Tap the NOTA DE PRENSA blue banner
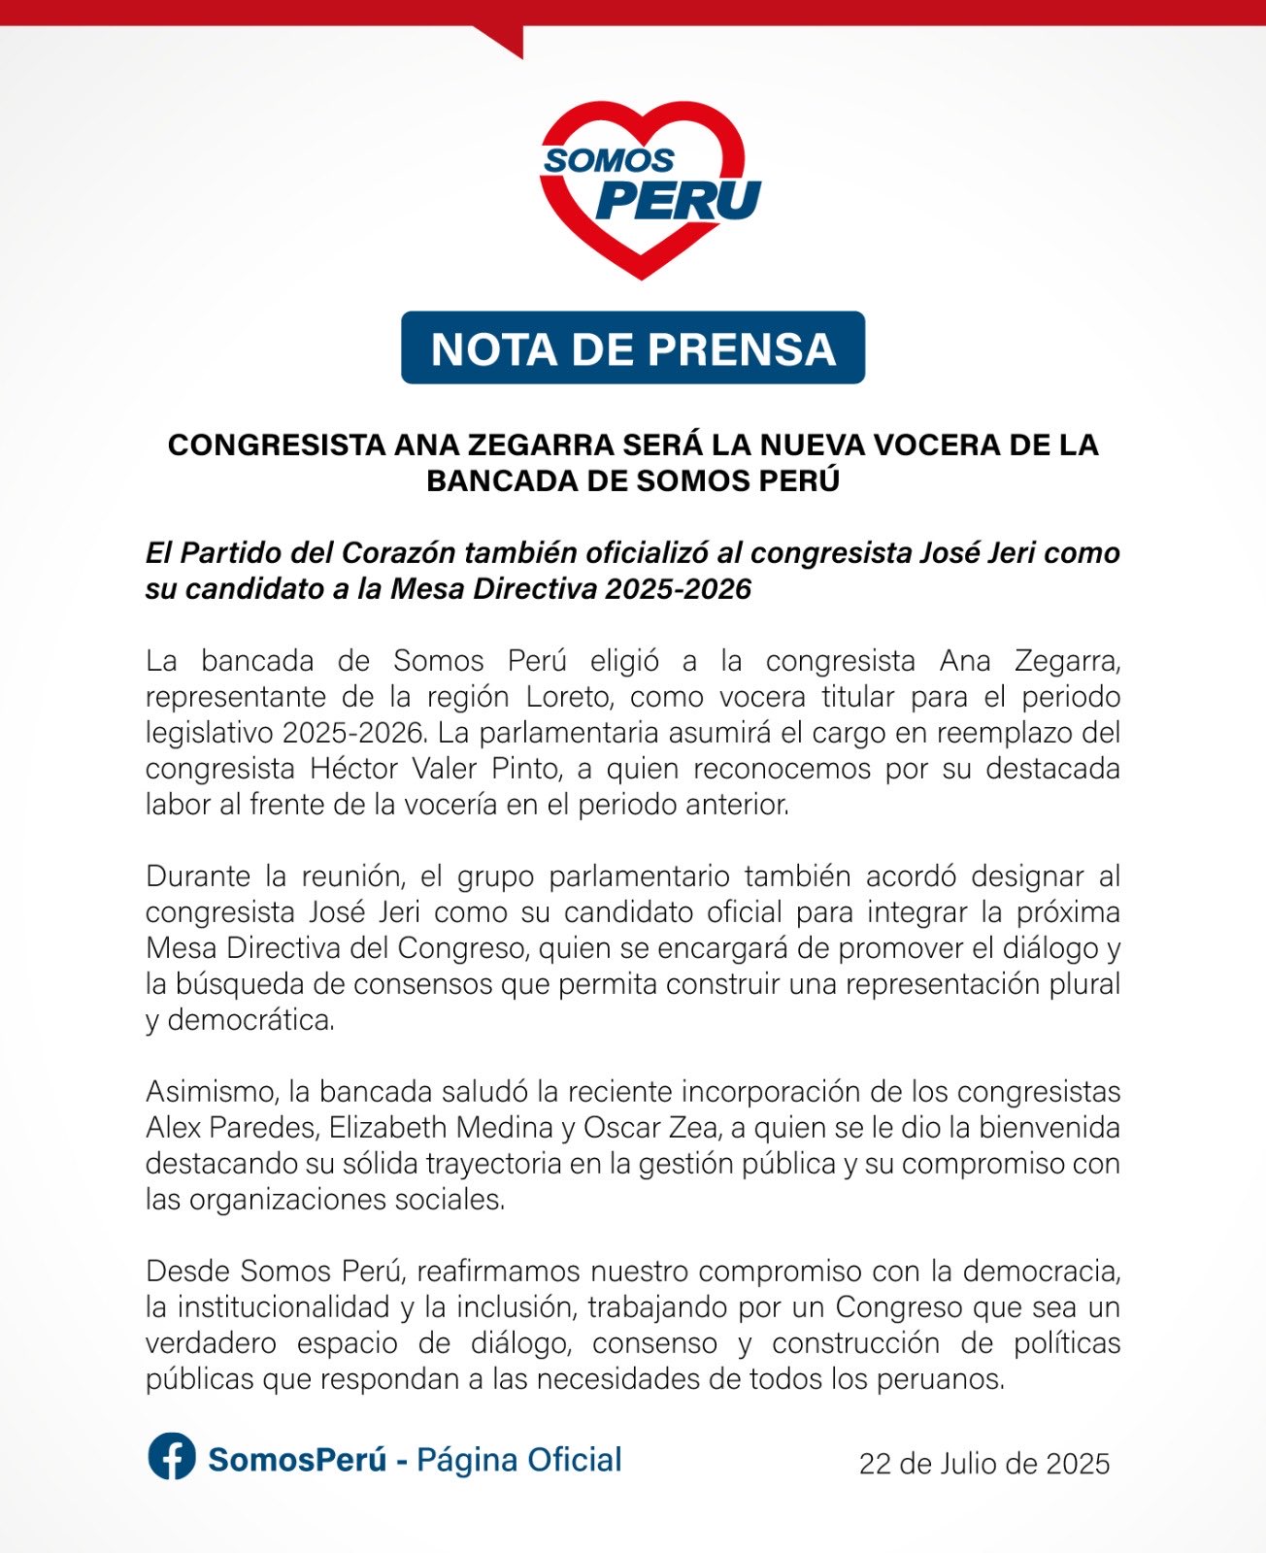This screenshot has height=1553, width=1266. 633,348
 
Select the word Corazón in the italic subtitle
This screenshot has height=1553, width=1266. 393,553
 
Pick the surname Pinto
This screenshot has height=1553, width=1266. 520,769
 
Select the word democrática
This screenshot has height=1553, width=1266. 250,1020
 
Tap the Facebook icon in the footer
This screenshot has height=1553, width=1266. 172,1458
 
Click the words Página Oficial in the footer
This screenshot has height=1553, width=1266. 518,1460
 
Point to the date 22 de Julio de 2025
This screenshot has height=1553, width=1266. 983,1464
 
